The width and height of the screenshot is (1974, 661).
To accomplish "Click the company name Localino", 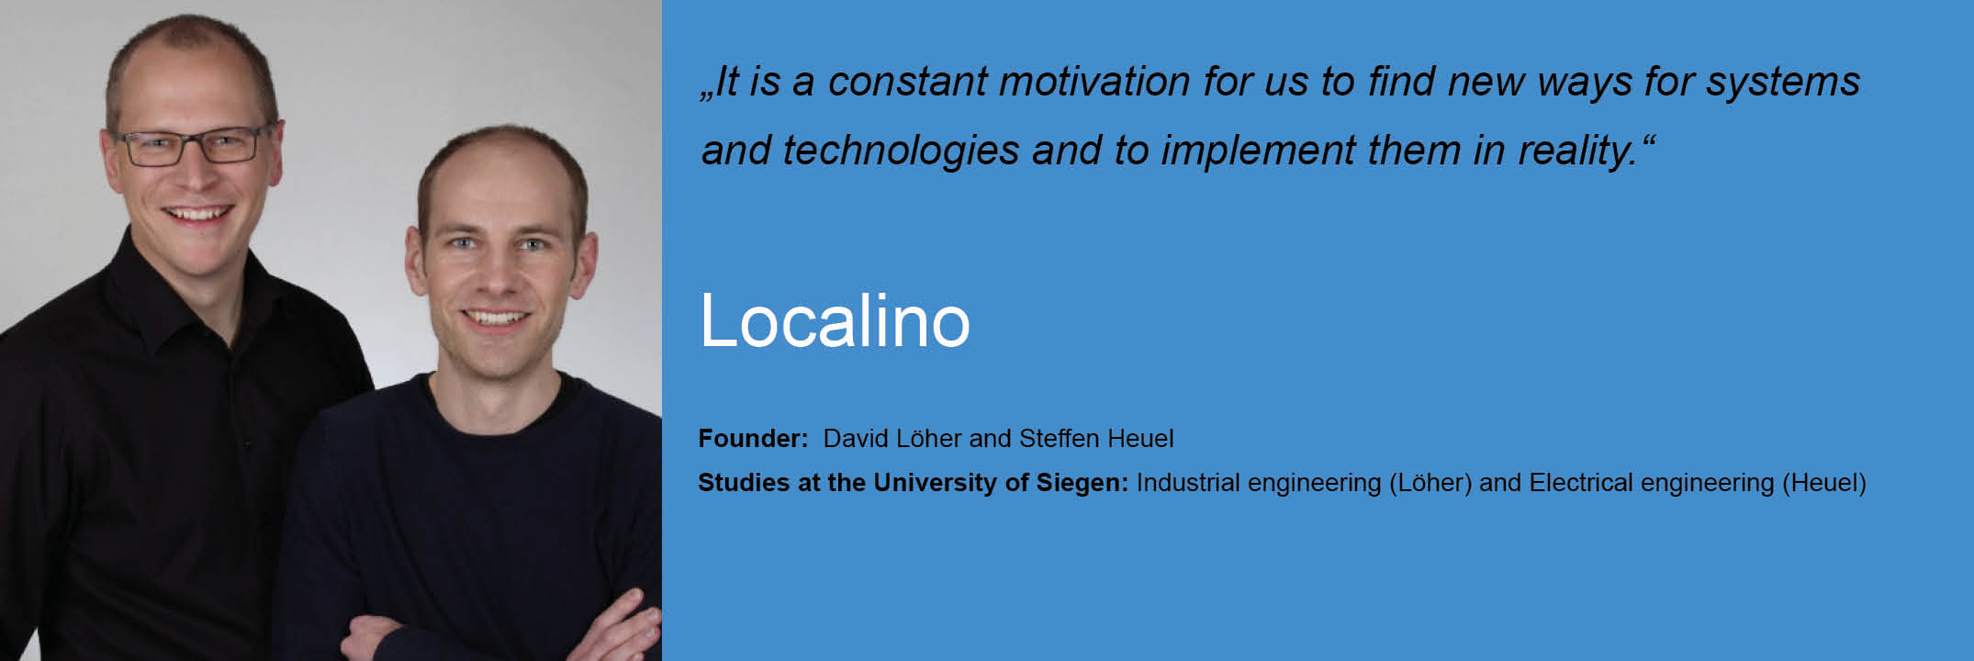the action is point(835,320).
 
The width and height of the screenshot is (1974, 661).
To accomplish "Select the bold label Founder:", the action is point(753,438).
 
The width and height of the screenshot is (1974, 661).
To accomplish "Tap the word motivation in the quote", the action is point(1094,81).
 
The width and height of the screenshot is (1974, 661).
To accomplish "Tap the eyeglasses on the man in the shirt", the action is point(196,145).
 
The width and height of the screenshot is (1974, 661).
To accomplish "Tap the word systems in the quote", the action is point(1782,83).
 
